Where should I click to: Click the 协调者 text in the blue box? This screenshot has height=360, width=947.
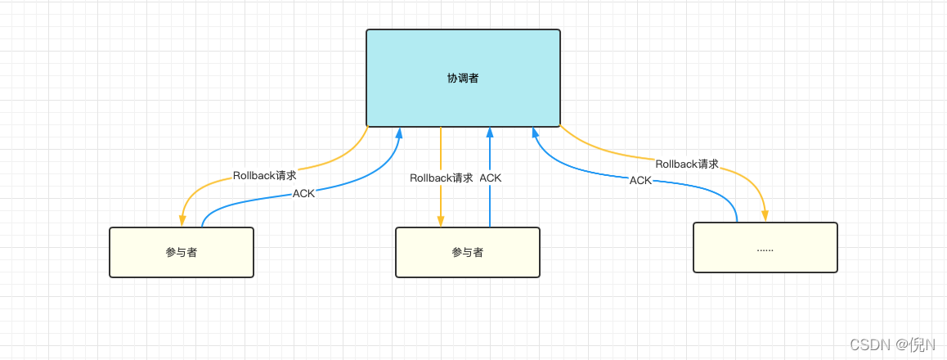[x=463, y=79]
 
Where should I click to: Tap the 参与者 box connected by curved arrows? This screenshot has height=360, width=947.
[x=181, y=252]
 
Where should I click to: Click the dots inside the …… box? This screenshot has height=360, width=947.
[x=765, y=248]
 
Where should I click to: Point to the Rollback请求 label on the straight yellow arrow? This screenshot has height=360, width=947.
[x=441, y=178]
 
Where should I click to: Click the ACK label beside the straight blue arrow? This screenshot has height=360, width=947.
[x=491, y=178]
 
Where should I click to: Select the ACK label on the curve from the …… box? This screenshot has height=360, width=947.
[x=640, y=180]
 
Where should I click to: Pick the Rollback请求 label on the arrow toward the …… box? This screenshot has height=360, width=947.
[x=687, y=164]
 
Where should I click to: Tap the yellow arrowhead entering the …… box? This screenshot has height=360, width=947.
[x=765, y=216]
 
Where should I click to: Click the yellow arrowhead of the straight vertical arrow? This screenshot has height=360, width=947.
[x=441, y=221]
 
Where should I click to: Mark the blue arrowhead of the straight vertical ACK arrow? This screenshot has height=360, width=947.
[x=490, y=133]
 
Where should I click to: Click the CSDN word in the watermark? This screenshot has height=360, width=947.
[x=870, y=344]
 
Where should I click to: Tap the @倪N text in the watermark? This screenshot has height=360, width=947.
[x=915, y=344]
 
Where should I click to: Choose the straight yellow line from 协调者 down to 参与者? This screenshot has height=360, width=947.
[x=441, y=151]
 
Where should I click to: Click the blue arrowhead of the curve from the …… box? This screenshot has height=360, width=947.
[x=534, y=133]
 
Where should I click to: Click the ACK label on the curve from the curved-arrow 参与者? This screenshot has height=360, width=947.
[x=303, y=194]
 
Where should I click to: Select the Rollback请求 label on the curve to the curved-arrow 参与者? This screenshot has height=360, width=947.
[x=264, y=175]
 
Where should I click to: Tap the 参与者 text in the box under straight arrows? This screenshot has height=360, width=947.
[x=467, y=252]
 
